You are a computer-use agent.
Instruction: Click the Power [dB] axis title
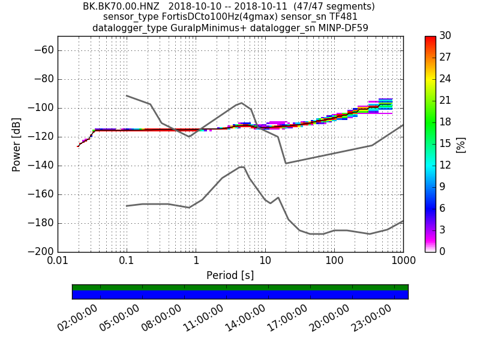coord(17,144)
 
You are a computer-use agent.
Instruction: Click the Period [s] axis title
coord(230,275)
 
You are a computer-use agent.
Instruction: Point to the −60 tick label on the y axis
coord(42,50)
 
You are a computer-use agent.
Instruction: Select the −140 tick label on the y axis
coord(40,166)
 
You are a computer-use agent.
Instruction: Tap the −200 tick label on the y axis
coord(40,252)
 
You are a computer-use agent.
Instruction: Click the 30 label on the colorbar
coord(445,36)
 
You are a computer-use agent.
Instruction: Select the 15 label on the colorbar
coord(445,144)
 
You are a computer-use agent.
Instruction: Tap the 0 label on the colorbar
coord(443,252)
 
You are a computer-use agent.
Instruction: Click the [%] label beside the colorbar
coord(461,144)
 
